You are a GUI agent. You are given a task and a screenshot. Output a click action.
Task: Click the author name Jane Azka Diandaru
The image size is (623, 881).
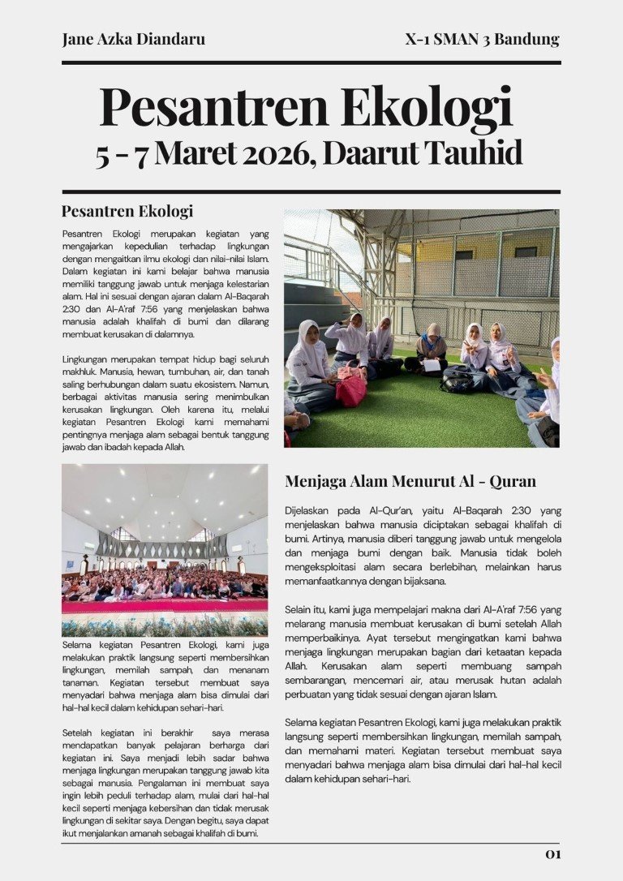point(133,39)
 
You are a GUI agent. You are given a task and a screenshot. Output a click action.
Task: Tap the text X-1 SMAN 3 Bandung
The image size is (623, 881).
point(482,39)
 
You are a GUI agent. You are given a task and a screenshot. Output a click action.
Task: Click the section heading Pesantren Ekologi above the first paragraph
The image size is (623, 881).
point(127,212)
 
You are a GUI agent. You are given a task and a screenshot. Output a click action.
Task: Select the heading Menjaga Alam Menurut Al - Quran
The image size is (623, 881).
point(410,481)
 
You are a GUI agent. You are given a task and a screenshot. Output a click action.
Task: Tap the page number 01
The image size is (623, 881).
point(552,854)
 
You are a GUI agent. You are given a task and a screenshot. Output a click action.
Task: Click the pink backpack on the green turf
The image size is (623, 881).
point(351,388)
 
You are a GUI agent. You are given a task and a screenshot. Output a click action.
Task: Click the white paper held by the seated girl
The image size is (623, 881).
point(432,365)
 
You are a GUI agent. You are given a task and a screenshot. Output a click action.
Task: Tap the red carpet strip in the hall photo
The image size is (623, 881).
point(165,605)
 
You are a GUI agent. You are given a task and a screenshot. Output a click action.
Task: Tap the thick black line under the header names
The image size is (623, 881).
point(311,62)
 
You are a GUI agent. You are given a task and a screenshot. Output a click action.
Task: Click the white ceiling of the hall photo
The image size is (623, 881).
point(165,495)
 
